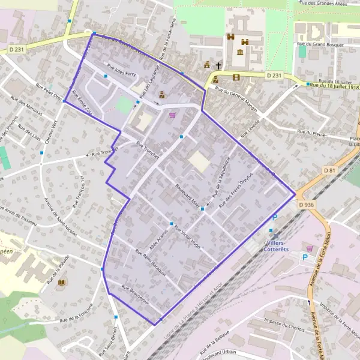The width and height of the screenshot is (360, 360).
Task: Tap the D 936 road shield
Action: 306,205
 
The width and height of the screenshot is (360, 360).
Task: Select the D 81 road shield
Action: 329,170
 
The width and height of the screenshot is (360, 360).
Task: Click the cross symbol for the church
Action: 218,65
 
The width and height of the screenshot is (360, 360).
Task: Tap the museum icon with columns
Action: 241,53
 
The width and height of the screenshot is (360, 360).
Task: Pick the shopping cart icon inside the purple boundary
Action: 173,115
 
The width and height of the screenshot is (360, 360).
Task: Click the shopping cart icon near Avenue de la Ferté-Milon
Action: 310,248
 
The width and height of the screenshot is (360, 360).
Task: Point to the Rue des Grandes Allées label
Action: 325,4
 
